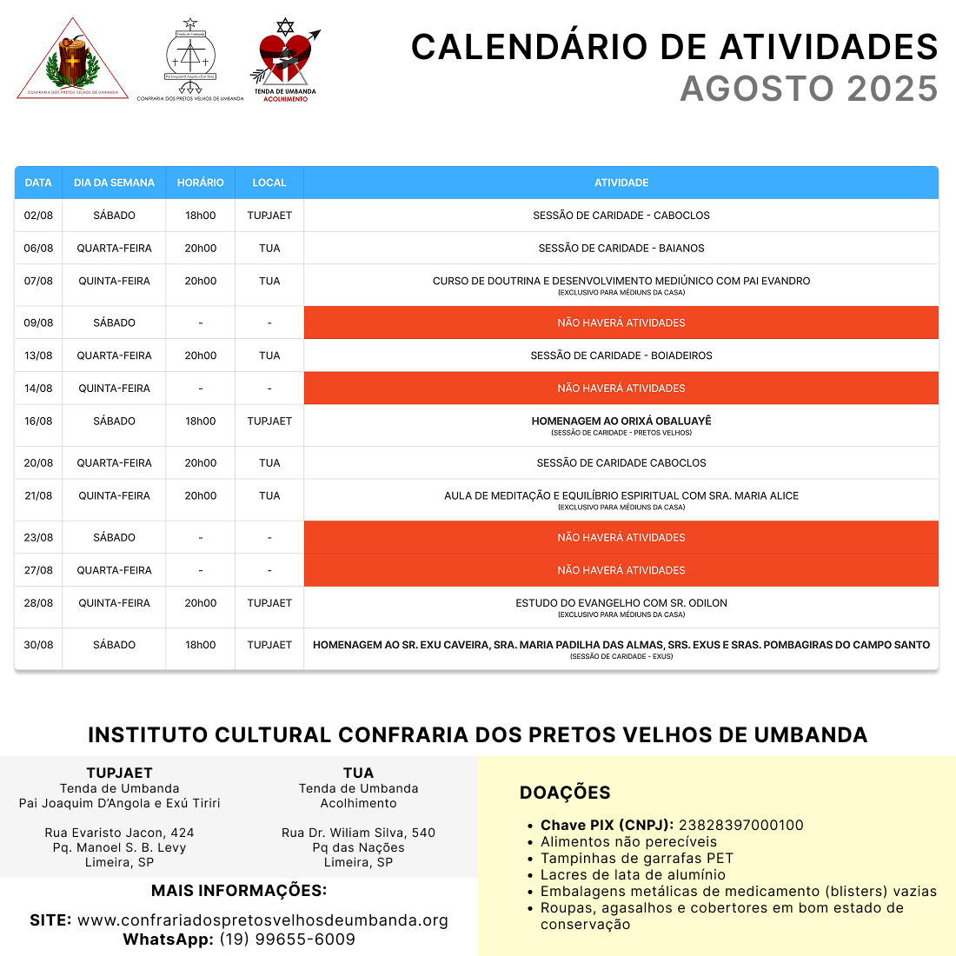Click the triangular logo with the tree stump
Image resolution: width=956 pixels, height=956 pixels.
click(72, 59)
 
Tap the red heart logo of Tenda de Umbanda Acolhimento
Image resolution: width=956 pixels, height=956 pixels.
click(285, 59)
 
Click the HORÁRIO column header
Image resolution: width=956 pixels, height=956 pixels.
click(200, 183)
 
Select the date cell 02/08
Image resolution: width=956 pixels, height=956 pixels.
click(38, 216)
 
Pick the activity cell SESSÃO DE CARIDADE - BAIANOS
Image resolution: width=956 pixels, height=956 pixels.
click(621, 249)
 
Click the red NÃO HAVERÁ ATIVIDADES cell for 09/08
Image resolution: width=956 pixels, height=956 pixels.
click(621, 322)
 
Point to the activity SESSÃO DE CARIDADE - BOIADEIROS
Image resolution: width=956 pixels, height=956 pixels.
click(621, 355)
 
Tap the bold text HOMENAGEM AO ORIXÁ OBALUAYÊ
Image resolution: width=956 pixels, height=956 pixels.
click(621, 421)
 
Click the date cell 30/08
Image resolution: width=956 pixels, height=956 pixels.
click(38, 645)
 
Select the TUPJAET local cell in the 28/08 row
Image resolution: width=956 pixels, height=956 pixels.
click(269, 603)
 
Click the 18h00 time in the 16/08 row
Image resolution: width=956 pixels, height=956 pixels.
click(200, 421)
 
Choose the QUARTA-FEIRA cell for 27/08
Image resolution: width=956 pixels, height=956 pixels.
click(114, 570)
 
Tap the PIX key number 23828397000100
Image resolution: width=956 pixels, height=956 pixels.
click(740, 825)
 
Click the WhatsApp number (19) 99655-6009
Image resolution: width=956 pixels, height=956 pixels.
click(287, 939)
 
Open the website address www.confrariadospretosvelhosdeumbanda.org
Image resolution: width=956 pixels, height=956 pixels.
click(262, 920)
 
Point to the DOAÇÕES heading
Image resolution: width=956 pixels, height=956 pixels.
click(565, 793)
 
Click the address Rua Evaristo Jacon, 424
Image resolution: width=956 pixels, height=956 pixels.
click(119, 833)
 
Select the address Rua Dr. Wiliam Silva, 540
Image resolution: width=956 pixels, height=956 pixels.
click(358, 833)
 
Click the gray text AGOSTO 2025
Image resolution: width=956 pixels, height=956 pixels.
click(808, 89)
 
